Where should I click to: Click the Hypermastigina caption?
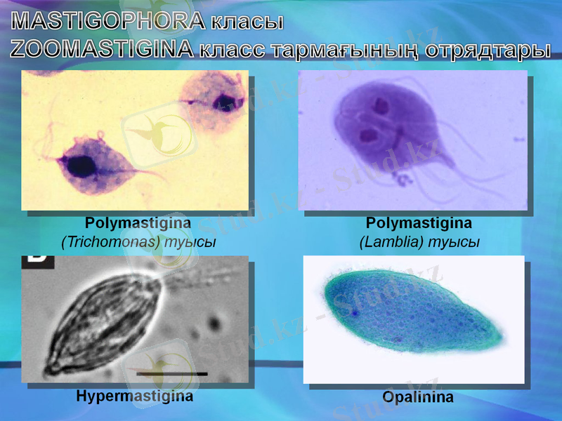pyautogui.click(x=134, y=396)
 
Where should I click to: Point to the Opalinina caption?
pyautogui.click(x=417, y=397)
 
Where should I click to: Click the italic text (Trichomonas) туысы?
pyautogui.click(x=138, y=241)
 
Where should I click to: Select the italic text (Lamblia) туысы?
pyautogui.click(x=419, y=241)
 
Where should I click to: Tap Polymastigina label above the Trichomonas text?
pyautogui.click(x=138, y=223)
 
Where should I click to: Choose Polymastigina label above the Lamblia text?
pyautogui.click(x=419, y=223)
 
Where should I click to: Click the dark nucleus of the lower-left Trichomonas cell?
pyautogui.click(x=81, y=166)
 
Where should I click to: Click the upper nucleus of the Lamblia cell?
pyautogui.click(x=381, y=107)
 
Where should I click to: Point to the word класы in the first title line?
pyautogui.click(x=246, y=22)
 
